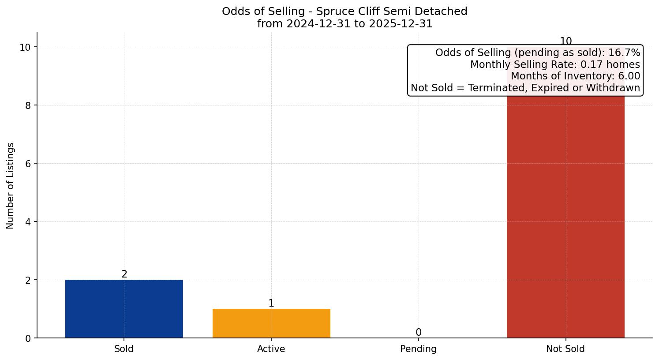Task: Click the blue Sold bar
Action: coord(124,309)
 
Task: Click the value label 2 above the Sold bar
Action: coord(124,274)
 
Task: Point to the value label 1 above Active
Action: coord(271,304)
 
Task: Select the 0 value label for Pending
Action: coord(419,333)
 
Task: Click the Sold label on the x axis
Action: coord(124,349)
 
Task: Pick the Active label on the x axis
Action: coord(271,349)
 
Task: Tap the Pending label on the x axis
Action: coord(418,349)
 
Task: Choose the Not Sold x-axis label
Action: coord(565,349)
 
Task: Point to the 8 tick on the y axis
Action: coord(27,105)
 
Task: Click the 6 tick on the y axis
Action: coord(27,164)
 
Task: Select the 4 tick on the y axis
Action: coord(27,222)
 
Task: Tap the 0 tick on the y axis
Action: coord(27,338)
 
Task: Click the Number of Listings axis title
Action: coord(11,186)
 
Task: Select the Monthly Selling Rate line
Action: coord(555,64)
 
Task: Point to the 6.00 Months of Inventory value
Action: coord(629,76)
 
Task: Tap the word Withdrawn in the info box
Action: coord(615,88)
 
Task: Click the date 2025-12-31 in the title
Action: coord(401,24)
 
